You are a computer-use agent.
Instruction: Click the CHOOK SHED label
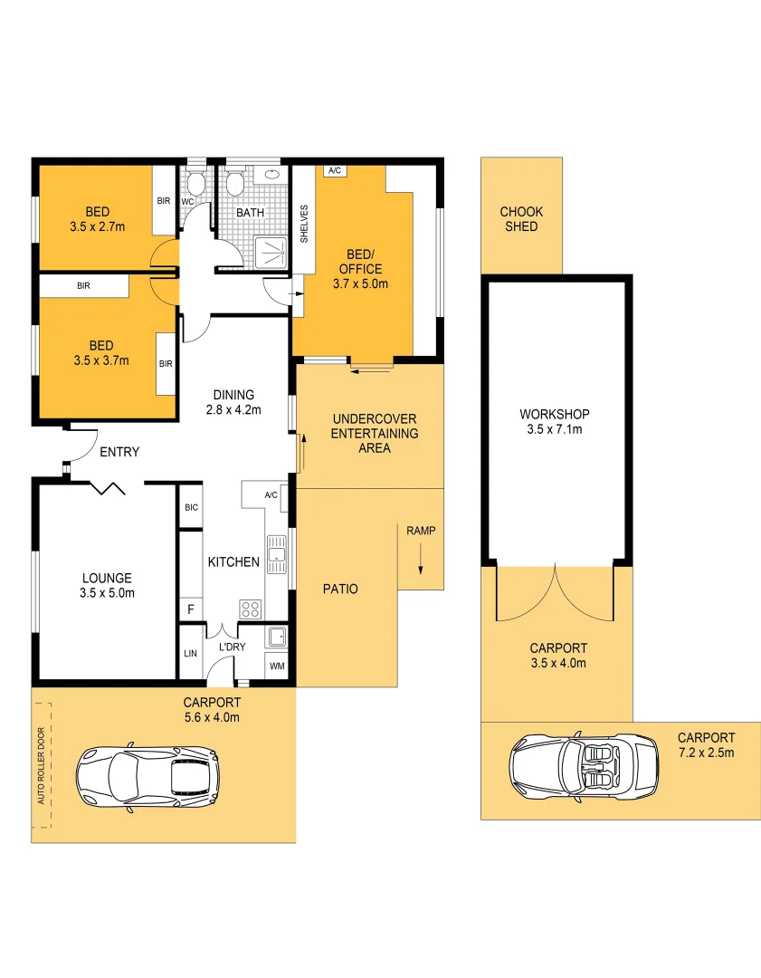(521, 219)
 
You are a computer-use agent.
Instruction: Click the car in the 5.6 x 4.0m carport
(148, 776)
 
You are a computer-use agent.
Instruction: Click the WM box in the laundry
(278, 666)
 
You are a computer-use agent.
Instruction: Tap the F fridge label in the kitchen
(190, 609)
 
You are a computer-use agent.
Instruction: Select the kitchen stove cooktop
(250, 609)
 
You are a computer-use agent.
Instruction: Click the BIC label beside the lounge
(190, 508)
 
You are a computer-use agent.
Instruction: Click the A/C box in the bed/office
(334, 171)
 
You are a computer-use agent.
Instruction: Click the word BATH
(250, 213)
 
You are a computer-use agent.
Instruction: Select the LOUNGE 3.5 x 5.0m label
(107, 586)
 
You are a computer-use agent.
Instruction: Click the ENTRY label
(119, 452)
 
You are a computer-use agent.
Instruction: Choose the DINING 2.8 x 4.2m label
(233, 402)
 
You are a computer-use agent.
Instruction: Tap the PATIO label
(340, 589)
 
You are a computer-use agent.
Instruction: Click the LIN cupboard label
(190, 653)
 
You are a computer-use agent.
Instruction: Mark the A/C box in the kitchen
(271, 495)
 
